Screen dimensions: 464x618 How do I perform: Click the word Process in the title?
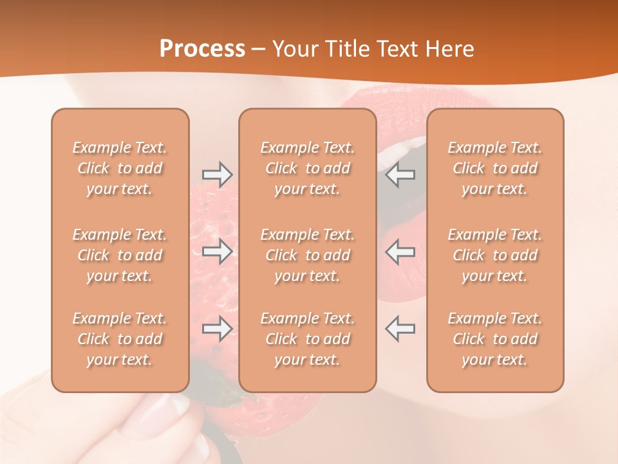click(202, 49)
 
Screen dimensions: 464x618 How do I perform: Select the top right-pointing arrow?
click(217, 174)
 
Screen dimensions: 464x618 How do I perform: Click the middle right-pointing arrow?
click(217, 251)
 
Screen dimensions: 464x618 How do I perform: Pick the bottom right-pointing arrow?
click(217, 329)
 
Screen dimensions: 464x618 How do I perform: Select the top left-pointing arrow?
click(400, 174)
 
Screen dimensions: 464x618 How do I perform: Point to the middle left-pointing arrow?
click(400, 251)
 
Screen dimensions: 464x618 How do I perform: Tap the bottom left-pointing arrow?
click(400, 329)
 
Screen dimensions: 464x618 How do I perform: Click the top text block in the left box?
click(120, 168)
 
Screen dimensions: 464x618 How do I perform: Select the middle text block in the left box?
click(120, 255)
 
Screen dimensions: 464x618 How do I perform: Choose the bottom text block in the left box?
click(120, 339)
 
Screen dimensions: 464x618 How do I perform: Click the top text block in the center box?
click(307, 168)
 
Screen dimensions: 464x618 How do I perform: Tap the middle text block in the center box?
click(307, 255)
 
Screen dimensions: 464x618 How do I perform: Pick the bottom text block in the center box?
click(307, 339)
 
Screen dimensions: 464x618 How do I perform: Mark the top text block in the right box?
click(494, 168)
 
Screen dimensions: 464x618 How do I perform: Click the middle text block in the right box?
click(494, 255)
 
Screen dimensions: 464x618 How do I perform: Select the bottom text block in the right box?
click(494, 339)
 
